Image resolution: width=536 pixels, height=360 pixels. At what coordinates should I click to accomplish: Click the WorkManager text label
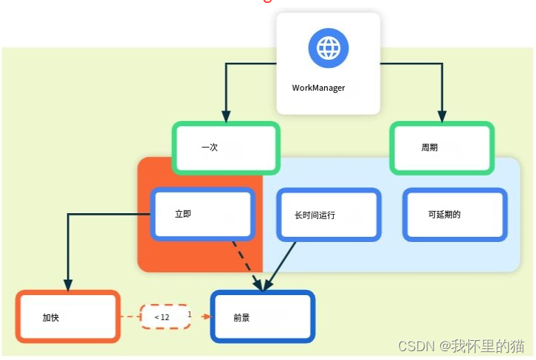coord(318,88)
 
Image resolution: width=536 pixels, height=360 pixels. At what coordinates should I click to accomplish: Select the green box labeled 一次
coord(226,148)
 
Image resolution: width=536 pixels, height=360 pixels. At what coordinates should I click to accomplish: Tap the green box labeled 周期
coord(441,148)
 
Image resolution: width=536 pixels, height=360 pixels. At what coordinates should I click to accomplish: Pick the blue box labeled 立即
coord(203,215)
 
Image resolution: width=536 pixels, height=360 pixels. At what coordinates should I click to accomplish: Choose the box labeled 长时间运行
coord(329,215)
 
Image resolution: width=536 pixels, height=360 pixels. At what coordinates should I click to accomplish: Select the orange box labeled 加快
coord(68,317)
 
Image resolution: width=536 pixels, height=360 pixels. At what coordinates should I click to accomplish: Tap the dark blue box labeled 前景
coord(263,317)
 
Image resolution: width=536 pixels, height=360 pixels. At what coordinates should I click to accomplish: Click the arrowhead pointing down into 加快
coord(68,285)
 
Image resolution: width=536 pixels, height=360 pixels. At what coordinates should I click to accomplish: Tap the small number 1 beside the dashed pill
coord(190,314)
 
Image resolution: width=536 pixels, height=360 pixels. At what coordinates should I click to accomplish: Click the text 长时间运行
coord(315,215)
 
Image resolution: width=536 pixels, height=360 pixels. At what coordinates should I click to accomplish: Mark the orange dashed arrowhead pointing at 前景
coord(206,317)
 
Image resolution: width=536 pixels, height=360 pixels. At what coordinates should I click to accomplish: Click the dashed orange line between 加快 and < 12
coord(130,317)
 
